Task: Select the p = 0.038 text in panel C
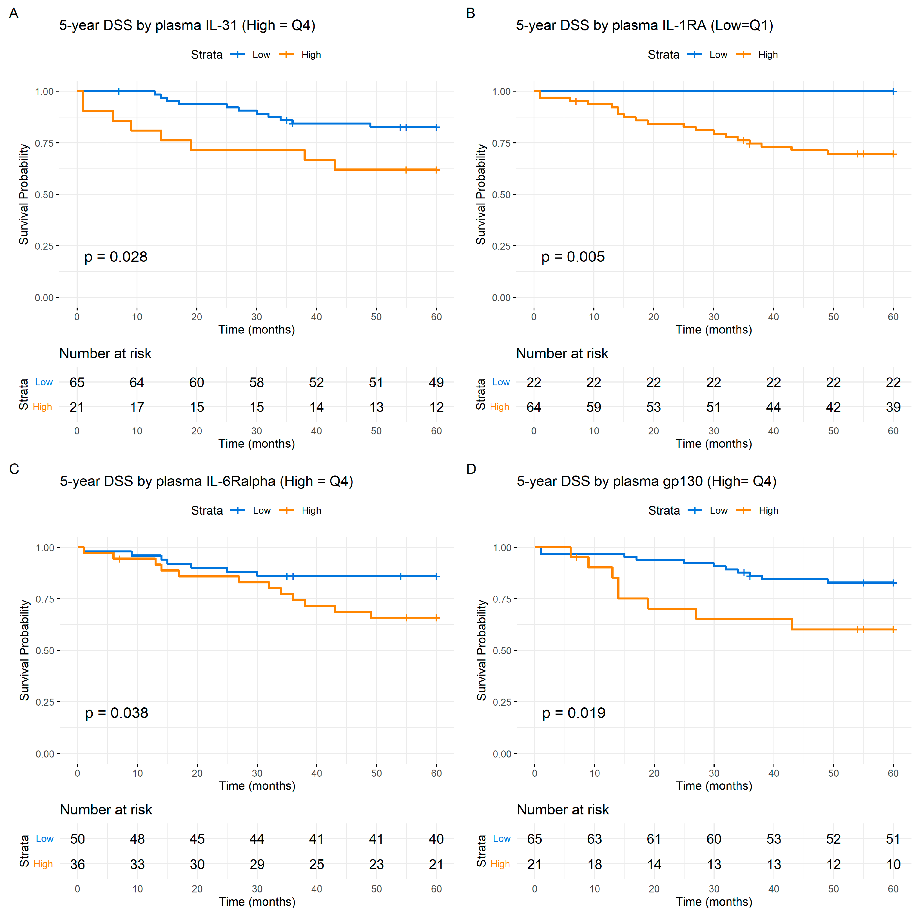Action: pyautogui.click(x=116, y=713)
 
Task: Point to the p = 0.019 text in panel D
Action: pyautogui.click(x=573, y=713)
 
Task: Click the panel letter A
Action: pyautogui.click(x=14, y=13)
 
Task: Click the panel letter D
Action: pyautogui.click(x=471, y=469)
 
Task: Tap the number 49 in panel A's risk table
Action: pyautogui.click(x=436, y=383)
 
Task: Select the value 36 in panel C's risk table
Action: pyautogui.click(x=78, y=865)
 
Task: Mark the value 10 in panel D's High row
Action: pyautogui.click(x=893, y=865)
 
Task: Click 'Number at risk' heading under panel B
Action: pyautogui.click(x=562, y=354)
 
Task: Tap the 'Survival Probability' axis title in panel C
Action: pyautogui.click(x=24, y=650)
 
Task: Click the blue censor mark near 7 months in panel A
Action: pyautogui.click(x=119, y=91)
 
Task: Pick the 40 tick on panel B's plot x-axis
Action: pyautogui.click(x=773, y=317)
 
